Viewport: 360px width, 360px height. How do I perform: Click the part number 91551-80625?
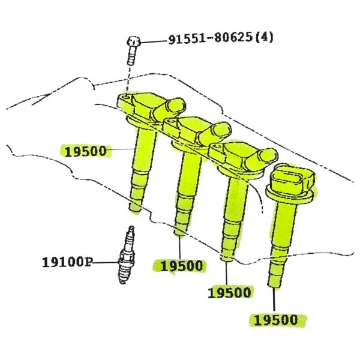coord(211,38)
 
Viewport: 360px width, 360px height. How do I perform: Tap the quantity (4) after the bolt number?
coord(265,37)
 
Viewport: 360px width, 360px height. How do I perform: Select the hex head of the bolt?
coord(133,41)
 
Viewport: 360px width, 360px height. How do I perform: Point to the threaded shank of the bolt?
coord(131,56)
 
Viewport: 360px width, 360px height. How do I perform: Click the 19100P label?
coord(67,262)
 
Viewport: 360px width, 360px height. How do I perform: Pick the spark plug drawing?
coord(127,255)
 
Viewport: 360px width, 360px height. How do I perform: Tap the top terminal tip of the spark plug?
coord(131,227)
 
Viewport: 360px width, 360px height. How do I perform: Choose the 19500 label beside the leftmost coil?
coord(86,151)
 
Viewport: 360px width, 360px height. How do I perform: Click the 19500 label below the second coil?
coord(181,266)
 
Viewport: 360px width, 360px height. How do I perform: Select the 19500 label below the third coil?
coord(229,293)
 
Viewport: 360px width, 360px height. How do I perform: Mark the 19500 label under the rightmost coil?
coord(276,320)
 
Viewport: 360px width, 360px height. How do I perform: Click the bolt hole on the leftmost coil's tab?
coord(125,98)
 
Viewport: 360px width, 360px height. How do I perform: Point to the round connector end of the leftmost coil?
coord(175,106)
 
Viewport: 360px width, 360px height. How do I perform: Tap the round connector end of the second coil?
coord(221,130)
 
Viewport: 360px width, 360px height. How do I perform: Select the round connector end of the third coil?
coord(268,155)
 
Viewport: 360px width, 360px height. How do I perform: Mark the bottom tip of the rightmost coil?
coord(274,286)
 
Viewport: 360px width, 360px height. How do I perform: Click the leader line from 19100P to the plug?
coord(106,262)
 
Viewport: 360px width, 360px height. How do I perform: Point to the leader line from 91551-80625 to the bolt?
coord(154,42)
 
